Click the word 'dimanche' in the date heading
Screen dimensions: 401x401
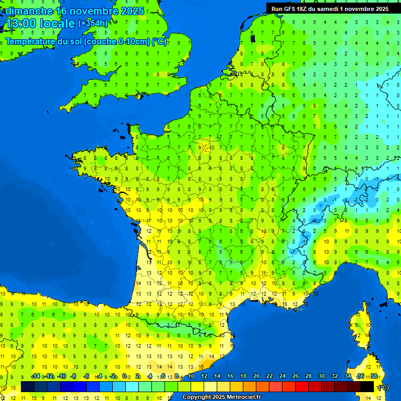(29, 11)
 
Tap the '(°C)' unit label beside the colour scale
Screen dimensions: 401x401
(383, 387)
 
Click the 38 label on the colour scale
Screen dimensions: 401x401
(374, 376)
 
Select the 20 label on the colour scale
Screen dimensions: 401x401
(256, 376)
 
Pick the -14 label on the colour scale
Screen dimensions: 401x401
(36, 376)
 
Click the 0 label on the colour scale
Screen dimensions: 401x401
(124, 376)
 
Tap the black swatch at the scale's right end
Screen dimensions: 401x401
(368, 387)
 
